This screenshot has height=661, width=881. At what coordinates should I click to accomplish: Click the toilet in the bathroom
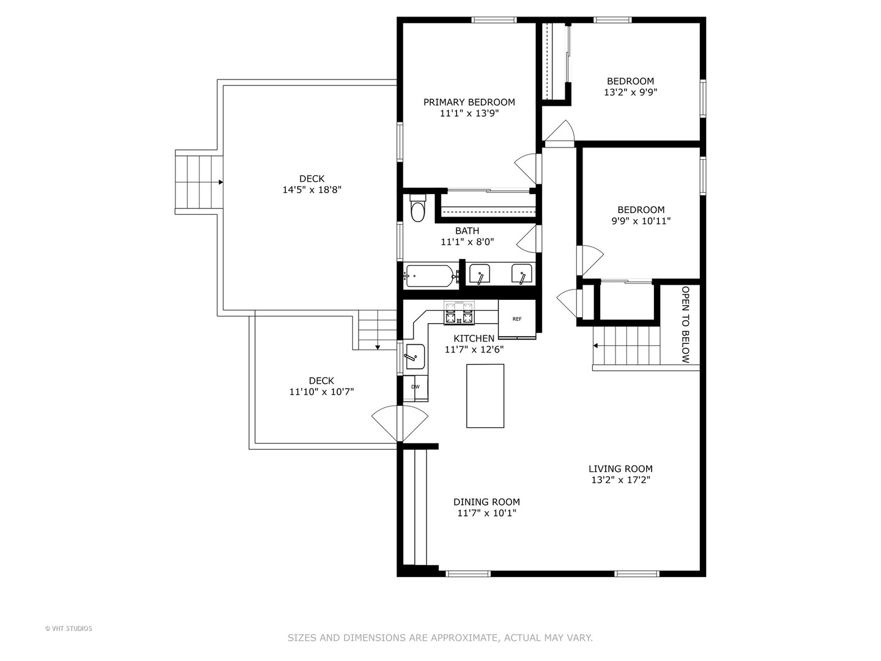pyautogui.click(x=418, y=210)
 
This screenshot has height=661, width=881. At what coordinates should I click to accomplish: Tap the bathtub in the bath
pyautogui.click(x=430, y=276)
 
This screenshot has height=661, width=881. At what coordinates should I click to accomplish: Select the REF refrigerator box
pyautogui.click(x=517, y=319)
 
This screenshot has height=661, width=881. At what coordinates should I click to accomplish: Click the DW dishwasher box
pyautogui.click(x=415, y=387)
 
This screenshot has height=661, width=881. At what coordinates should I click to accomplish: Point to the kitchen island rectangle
pyautogui.click(x=485, y=395)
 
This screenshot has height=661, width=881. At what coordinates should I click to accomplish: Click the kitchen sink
pyautogui.click(x=415, y=356)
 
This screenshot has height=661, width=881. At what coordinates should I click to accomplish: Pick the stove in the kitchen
pyautogui.click(x=459, y=314)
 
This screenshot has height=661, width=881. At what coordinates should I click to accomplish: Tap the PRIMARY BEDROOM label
pyautogui.click(x=469, y=102)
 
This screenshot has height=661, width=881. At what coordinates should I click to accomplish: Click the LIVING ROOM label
pyautogui.click(x=620, y=469)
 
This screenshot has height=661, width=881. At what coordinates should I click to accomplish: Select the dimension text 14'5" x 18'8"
pyautogui.click(x=311, y=190)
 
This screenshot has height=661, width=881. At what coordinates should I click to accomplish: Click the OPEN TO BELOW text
pyautogui.click(x=686, y=324)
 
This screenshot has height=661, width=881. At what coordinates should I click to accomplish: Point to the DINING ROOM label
pyautogui.click(x=486, y=502)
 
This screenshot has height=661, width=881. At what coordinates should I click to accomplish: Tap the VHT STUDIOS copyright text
pyautogui.click(x=69, y=629)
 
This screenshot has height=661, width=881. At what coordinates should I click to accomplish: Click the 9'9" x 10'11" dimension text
pyautogui.click(x=641, y=221)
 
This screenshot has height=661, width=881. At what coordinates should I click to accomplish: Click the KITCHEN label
pyautogui.click(x=474, y=338)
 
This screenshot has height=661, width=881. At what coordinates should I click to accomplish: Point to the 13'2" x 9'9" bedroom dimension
pyautogui.click(x=630, y=92)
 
